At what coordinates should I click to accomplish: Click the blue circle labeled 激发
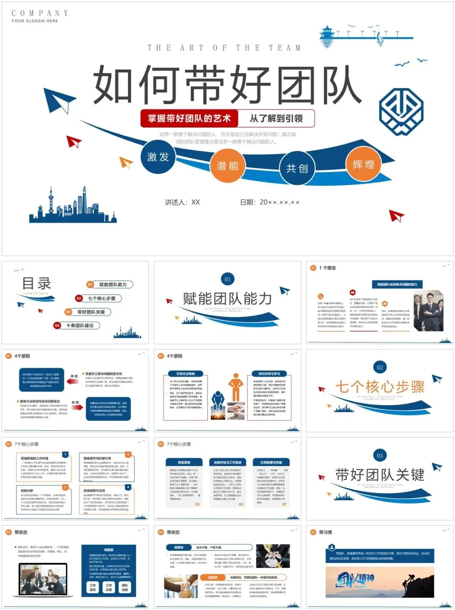(158, 157)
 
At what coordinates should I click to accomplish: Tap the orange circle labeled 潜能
(227, 166)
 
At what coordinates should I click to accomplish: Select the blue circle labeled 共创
(297, 169)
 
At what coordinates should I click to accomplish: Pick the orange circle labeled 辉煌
(363, 164)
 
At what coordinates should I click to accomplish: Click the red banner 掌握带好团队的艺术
(189, 118)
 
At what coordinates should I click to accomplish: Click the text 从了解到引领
(276, 118)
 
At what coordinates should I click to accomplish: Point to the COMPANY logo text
(40, 13)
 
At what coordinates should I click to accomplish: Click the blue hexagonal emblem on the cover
(401, 111)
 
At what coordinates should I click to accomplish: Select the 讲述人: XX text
(182, 202)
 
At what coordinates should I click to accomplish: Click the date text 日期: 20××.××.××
(270, 202)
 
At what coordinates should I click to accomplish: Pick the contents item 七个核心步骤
(102, 298)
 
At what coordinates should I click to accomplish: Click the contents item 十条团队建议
(80, 325)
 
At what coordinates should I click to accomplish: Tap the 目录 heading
(37, 284)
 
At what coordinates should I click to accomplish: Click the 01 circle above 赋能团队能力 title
(227, 279)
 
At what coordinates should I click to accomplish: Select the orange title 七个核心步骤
(380, 387)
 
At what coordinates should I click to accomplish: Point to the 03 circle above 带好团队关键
(380, 455)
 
